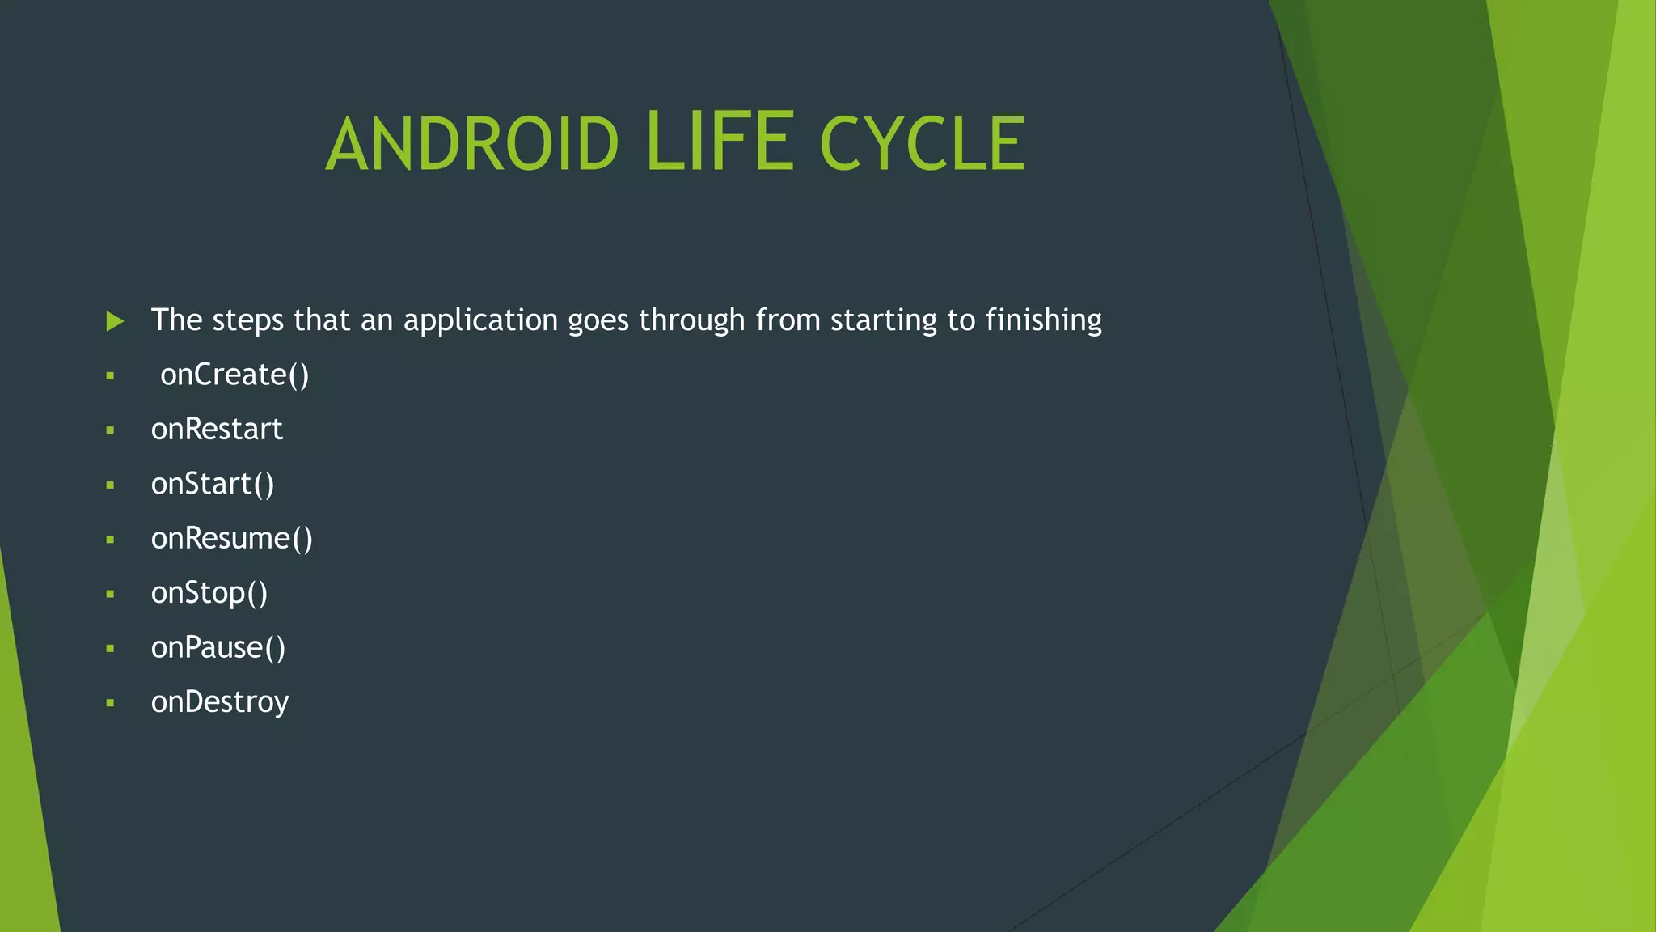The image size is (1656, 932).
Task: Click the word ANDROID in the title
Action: click(x=472, y=144)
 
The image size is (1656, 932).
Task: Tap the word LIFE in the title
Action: click(x=720, y=142)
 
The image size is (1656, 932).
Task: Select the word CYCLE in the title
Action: click(x=923, y=144)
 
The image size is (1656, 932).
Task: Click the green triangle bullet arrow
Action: click(x=115, y=321)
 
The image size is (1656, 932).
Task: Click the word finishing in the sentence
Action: click(x=1043, y=321)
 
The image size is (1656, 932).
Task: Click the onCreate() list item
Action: click(x=234, y=375)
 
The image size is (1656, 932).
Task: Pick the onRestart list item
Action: click(x=217, y=430)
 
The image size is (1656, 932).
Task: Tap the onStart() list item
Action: click(x=213, y=484)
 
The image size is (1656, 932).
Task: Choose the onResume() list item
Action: click(x=231, y=539)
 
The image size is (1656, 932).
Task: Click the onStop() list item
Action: click(x=209, y=593)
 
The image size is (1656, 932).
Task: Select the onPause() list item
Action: click(x=218, y=648)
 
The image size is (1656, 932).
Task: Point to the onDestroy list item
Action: click(x=219, y=702)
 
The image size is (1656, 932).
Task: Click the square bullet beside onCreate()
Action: click(x=110, y=376)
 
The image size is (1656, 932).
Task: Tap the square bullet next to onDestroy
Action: click(x=110, y=703)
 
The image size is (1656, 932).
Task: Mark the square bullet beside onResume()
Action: click(x=110, y=540)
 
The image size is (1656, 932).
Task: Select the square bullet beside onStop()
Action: click(x=110, y=594)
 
